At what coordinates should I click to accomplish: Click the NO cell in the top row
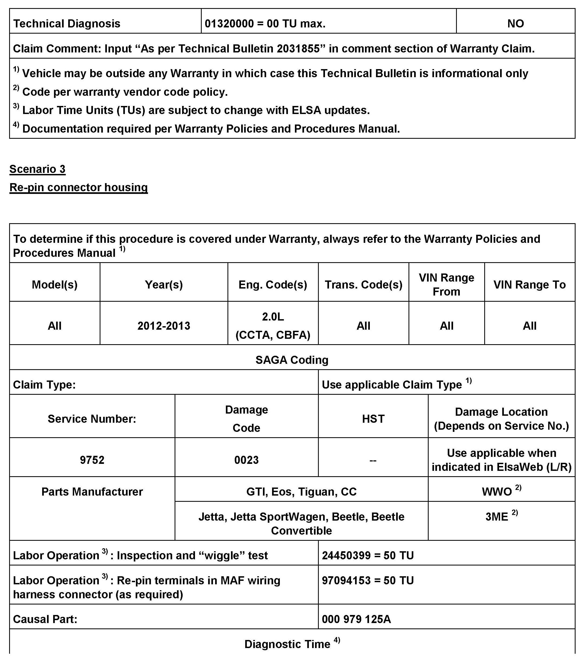[x=515, y=23]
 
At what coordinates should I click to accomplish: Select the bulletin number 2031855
[x=298, y=49]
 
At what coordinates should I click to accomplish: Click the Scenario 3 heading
[x=37, y=169]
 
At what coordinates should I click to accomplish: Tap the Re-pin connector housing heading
[x=78, y=187]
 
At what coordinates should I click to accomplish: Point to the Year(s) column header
[x=164, y=284]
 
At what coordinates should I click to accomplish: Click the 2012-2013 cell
[x=164, y=326]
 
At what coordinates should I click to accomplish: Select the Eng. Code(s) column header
[x=273, y=284]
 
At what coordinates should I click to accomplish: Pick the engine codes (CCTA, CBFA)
[x=273, y=335]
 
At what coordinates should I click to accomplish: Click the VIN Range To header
[x=529, y=284]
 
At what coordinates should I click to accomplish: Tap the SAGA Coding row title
[x=292, y=360]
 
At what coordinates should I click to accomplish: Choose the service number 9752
[x=92, y=460]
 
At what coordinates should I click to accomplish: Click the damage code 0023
[x=246, y=460]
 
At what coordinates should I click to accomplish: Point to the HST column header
[x=373, y=419]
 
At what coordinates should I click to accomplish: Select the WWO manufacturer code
[x=497, y=492]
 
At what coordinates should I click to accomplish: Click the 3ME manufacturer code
[x=497, y=517]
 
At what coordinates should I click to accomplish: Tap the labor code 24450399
[x=346, y=556]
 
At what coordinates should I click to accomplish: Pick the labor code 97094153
[x=346, y=580]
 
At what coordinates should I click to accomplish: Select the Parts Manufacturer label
[x=92, y=492]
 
